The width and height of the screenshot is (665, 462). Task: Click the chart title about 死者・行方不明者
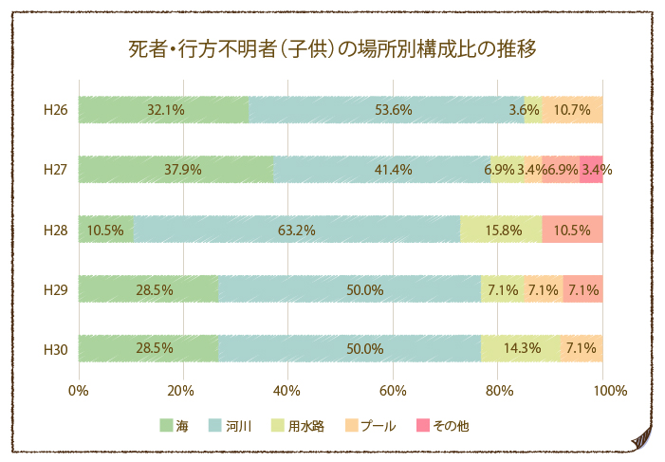(x=332, y=48)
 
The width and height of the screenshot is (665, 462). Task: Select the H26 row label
(x=56, y=110)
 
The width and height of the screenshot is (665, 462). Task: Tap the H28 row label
(x=56, y=230)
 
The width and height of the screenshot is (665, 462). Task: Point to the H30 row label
(x=56, y=349)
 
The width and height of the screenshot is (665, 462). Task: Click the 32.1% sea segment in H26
(x=163, y=110)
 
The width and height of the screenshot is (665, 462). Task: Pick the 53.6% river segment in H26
(x=386, y=110)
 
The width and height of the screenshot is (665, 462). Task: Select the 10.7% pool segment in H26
(x=573, y=110)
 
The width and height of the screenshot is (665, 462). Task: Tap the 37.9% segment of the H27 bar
(x=176, y=170)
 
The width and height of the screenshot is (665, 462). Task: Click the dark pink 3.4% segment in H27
(x=592, y=170)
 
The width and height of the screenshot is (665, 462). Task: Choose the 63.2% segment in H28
(x=297, y=230)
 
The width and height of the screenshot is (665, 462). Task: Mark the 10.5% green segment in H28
(x=105, y=230)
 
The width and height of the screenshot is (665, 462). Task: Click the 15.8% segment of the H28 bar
(x=501, y=230)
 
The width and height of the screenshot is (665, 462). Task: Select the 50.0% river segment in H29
(x=349, y=289)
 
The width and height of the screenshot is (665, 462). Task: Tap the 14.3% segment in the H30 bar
(x=519, y=349)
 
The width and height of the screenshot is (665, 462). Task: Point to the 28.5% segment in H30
(x=149, y=349)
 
